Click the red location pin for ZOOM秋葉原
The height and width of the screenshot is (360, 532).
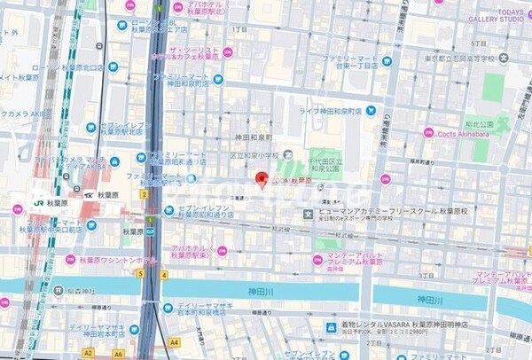[262, 179]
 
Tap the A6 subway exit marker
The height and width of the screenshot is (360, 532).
[118, 354]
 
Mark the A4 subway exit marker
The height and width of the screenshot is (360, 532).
[174, 341]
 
